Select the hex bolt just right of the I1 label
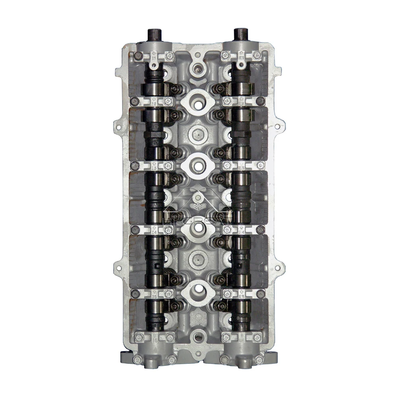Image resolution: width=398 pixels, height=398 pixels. tap(169, 57)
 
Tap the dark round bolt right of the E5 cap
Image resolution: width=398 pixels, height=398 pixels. tap(260, 294)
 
